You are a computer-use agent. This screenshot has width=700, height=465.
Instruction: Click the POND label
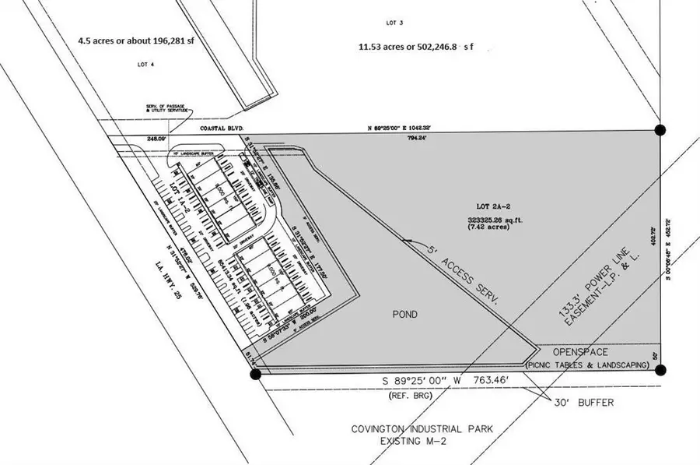(404, 315)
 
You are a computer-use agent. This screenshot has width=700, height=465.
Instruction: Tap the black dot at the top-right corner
(660, 129)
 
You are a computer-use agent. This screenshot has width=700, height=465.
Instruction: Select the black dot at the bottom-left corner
(255, 375)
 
